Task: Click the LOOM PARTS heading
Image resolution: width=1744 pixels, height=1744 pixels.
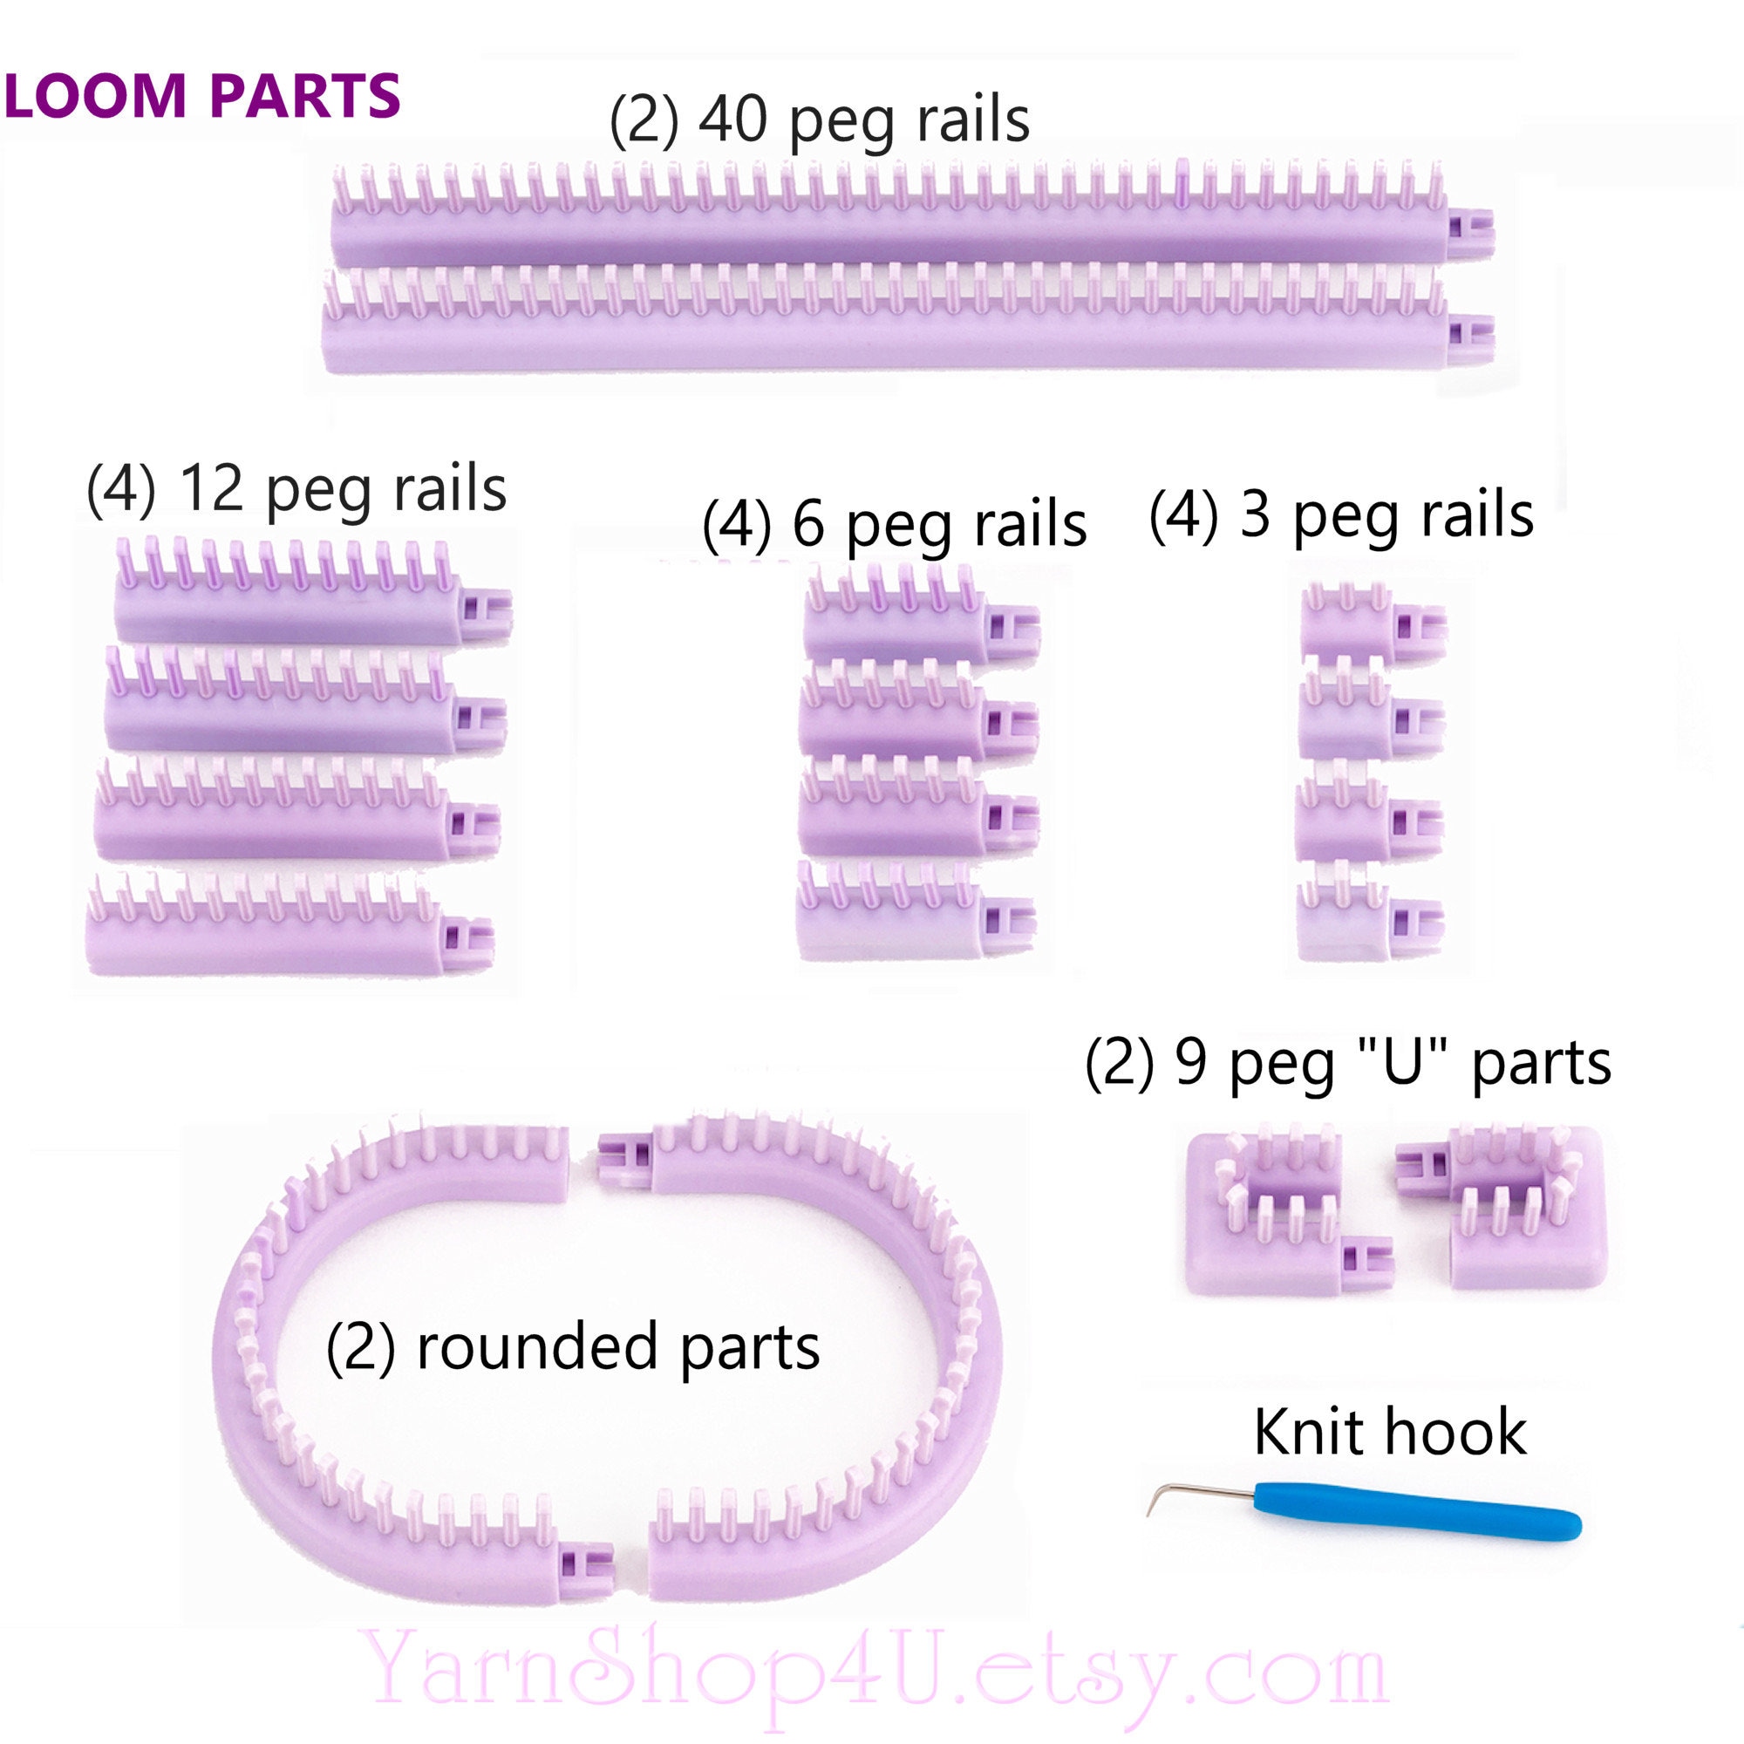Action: click(x=201, y=96)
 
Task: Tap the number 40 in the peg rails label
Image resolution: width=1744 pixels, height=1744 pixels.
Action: click(x=733, y=120)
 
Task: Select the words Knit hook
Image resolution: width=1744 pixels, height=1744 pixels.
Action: click(x=1389, y=1432)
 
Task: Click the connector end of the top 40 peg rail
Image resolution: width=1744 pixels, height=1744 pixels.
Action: click(x=1470, y=231)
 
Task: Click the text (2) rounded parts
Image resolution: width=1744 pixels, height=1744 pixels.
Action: click(x=572, y=1347)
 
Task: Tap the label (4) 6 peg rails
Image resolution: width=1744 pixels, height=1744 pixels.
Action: click(x=894, y=524)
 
